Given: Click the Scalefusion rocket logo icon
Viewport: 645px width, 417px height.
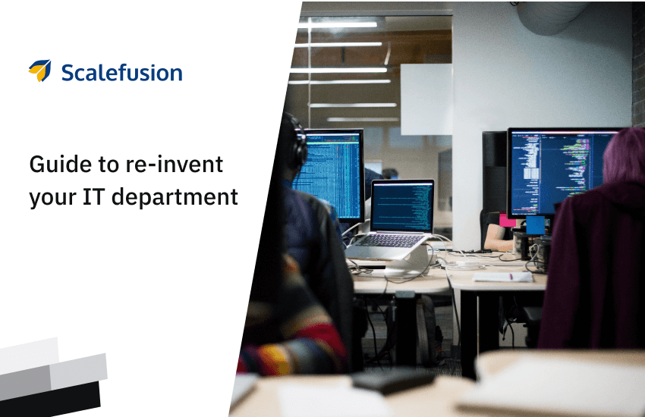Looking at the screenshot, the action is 40,71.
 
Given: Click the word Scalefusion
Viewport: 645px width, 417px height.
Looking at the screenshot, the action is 121,73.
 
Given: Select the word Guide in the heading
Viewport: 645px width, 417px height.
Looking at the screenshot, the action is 61,165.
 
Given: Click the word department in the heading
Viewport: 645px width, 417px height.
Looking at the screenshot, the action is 175,198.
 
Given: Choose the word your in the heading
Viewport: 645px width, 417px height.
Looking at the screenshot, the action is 53,199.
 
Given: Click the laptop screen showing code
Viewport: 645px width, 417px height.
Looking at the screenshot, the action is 402,207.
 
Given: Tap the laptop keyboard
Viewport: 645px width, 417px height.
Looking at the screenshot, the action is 389,241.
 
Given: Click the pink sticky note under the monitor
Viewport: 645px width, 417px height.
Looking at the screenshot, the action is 507,220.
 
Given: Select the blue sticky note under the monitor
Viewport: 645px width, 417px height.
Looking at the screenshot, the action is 535,225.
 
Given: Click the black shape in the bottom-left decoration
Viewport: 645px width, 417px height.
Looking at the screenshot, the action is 50,399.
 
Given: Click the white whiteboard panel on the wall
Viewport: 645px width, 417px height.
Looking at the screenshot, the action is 426,99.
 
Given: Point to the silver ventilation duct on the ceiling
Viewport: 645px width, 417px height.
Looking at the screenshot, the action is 552,17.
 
